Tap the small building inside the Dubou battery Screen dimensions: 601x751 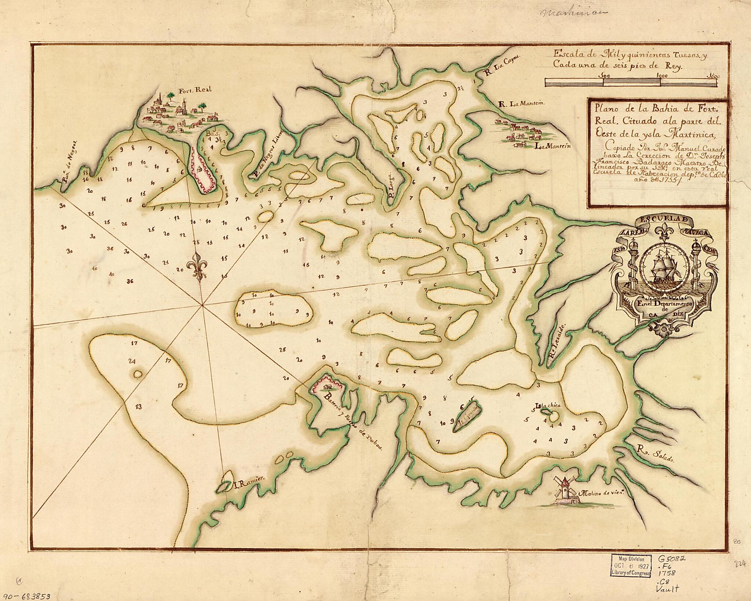(x=327, y=386)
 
